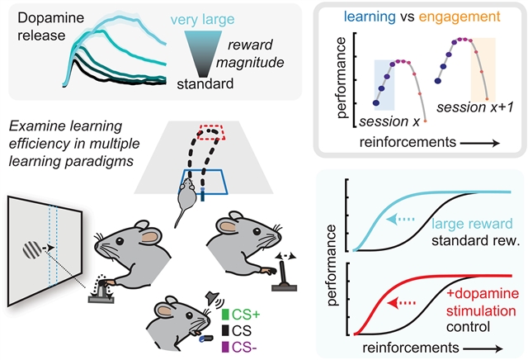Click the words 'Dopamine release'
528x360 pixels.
coord(50,26)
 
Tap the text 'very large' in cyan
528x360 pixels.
coord(202,20)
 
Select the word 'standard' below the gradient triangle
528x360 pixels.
coord(205,83)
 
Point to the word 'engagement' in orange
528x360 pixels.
coord(460,17)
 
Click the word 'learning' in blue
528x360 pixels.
coord(370,17)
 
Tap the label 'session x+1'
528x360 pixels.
coord(475,107)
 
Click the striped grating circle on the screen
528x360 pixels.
coord(33,250)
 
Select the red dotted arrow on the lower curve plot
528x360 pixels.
coord(402,303)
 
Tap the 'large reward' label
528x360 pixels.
coord(472,224)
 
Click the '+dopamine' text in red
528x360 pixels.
coord(483,293)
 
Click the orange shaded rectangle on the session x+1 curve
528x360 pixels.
coord(483,69)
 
